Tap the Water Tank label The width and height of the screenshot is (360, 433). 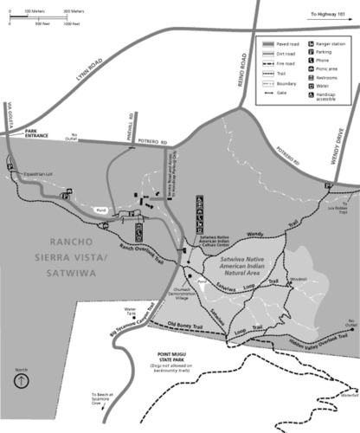[x=132, y=311]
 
